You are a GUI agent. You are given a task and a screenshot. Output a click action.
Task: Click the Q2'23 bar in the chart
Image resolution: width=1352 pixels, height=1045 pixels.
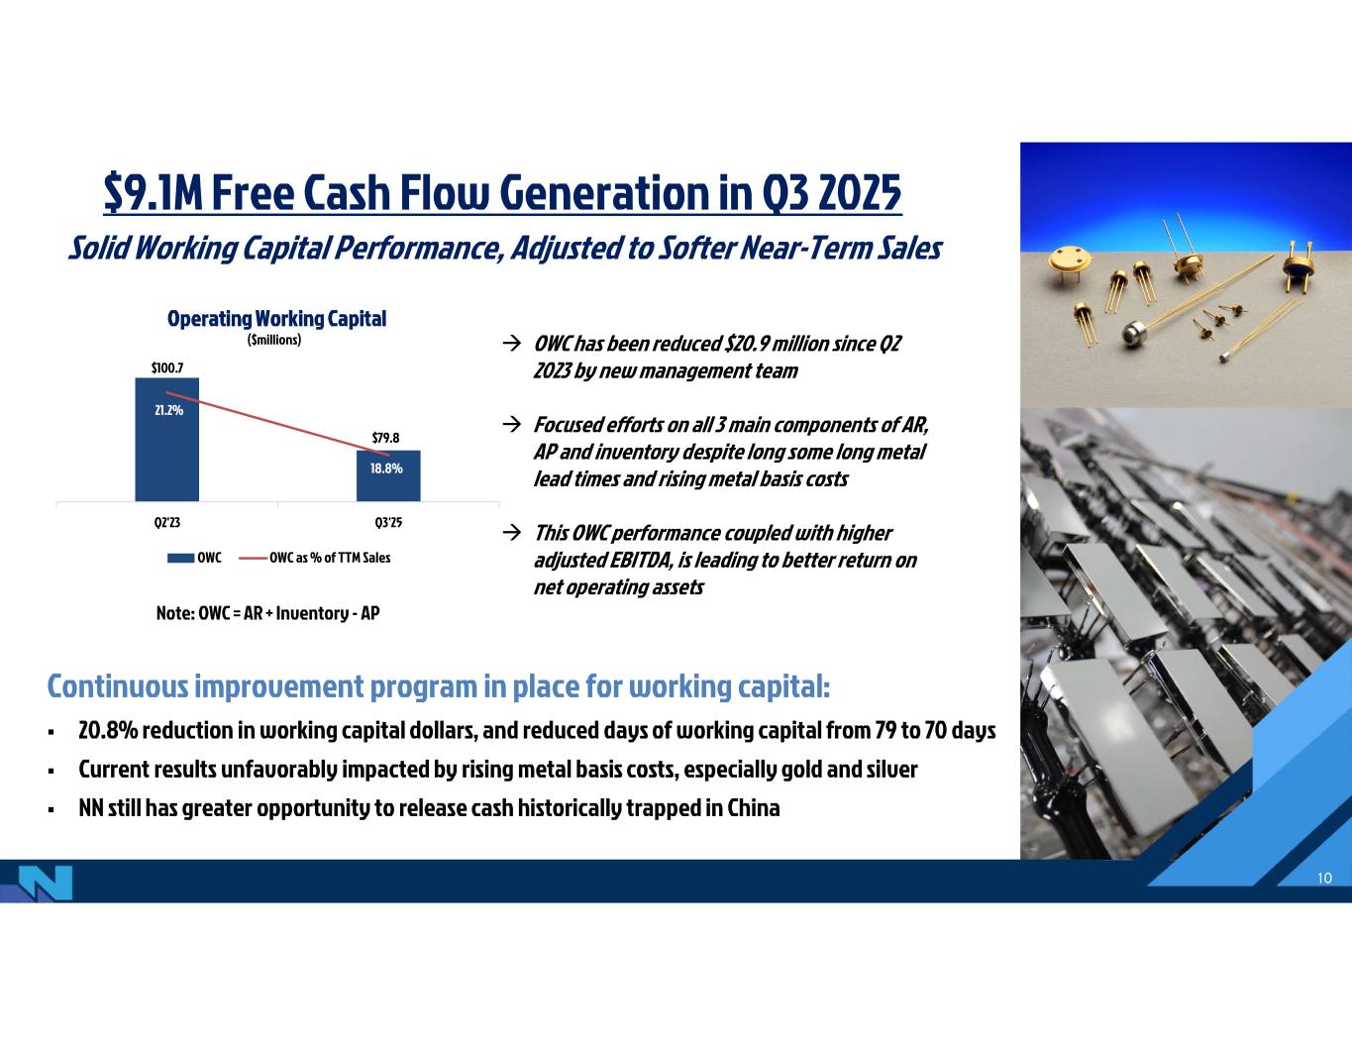[x=166, y=439]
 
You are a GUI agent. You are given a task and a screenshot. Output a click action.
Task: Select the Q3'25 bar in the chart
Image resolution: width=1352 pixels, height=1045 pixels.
[x=388, y=475]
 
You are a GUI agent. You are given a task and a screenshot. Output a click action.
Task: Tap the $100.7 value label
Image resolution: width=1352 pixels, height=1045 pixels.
[x=167, y=368]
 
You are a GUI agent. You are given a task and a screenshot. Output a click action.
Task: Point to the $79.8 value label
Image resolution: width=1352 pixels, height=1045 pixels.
[x=385, y=438]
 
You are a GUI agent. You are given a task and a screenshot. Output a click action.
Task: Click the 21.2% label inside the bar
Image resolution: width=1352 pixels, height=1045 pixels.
[x=168, y=410]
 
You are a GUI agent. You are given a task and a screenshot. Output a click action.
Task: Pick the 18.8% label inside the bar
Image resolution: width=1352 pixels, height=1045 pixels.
[x=386, y=469]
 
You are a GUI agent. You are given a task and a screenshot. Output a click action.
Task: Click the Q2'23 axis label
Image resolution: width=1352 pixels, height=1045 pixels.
[x=167, y=523]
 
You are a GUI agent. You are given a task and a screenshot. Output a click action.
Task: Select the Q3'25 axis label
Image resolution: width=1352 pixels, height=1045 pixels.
[x=388, y=523]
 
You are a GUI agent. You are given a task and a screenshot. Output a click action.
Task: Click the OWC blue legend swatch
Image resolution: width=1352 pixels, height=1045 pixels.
[x=180, y=558]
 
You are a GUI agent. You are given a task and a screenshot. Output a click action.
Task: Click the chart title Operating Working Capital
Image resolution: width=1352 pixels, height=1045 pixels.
[x=277, y=319]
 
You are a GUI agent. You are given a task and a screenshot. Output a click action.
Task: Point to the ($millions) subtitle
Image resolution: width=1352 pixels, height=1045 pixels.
[x=274, y=340]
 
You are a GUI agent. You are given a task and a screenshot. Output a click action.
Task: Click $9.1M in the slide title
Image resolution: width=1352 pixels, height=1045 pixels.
[x=154, y=192]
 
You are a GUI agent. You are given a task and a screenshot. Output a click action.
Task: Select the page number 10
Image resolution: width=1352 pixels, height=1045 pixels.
[x=1324, y=879]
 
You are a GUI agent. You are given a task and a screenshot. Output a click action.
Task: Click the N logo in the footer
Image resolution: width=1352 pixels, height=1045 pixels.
[x=46, y=883]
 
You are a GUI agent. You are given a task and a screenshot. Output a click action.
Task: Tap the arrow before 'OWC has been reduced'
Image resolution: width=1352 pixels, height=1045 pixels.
[x=511, y=344]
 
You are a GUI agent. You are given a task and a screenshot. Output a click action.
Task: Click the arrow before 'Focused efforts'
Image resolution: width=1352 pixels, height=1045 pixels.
[x=511, y=424]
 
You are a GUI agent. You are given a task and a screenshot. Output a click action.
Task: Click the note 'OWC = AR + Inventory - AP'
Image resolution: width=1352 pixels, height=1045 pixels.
[x=267, y=613]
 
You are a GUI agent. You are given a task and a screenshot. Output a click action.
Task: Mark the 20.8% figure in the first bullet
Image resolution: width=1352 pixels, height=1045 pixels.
[x=108, y=730]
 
